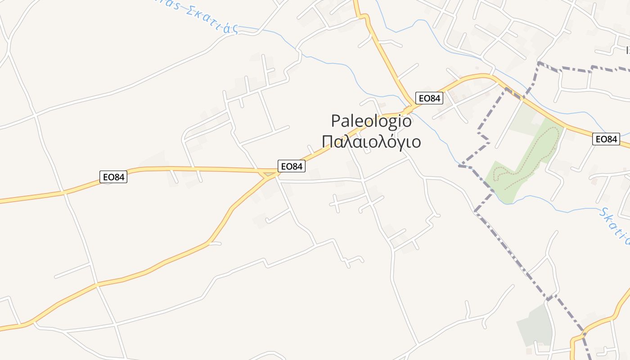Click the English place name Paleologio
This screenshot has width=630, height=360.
point(371,121)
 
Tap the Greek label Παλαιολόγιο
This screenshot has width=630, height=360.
point(371,142)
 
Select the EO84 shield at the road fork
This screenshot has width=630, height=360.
point(292,166)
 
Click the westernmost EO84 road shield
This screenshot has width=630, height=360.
point(113,177)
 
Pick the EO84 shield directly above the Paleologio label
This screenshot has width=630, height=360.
point(429,98)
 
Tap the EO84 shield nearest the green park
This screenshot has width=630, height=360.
point(606,139)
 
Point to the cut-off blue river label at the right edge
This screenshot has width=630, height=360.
point(616,227)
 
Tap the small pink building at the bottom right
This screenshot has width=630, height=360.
point(529,351)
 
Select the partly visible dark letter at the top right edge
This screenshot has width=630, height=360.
point(627,49)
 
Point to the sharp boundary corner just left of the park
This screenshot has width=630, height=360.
point(460,166)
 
